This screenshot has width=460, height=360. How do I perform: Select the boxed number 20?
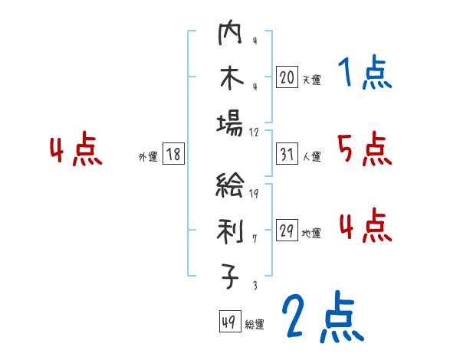(x=287, y=77)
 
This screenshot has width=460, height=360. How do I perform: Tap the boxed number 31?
(x=287, y=155)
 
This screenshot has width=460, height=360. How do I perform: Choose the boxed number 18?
(x=173, y=155)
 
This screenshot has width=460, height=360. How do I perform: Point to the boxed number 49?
(x=229, y=322)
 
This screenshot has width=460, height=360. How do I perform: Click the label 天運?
(x=310, y=79)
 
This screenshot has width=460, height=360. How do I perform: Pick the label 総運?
(x=255, y=325)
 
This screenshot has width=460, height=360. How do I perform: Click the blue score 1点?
(x=365, y=74)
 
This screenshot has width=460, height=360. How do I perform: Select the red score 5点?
(x=365, y=149)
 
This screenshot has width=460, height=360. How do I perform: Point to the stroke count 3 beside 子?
(x=254, y=286)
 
